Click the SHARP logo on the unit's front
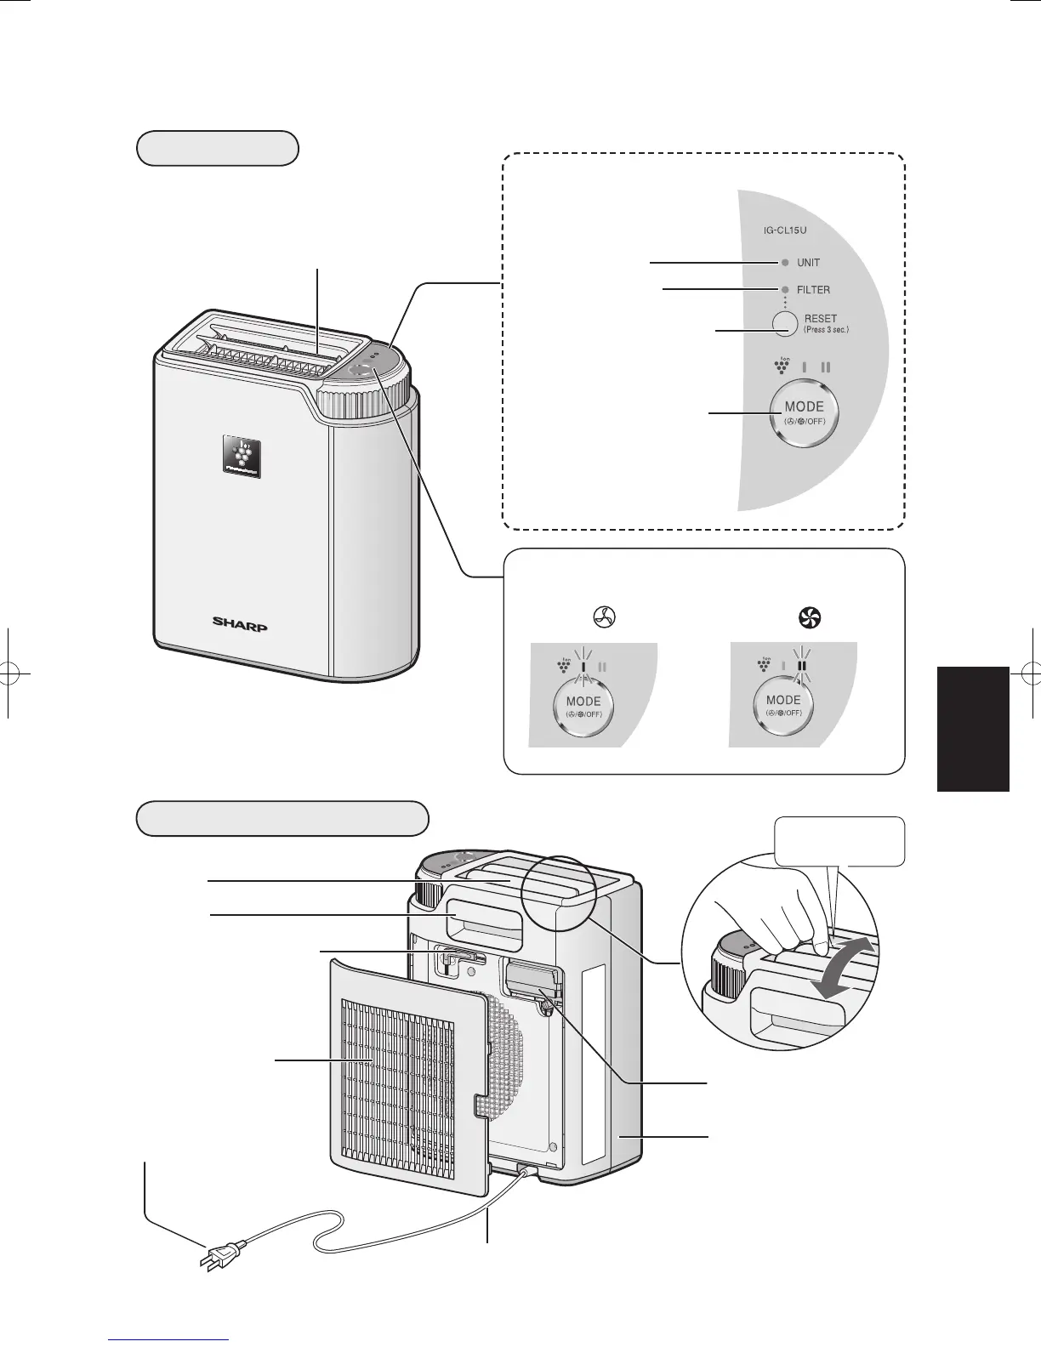click(x=239, y=625)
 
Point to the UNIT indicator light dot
click(x=784, y=263)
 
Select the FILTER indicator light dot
click(x=784, y=289)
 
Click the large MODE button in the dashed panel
click(x=803, y=412)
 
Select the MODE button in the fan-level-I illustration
click(x=583, y=707)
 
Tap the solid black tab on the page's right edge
click(x=972, y=729)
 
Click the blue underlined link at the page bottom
click(x=170, y=1341)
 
